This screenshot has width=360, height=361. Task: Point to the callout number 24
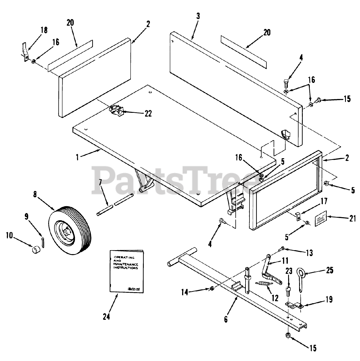(x=106, y=317)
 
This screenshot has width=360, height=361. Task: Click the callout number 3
(x=198, y=16)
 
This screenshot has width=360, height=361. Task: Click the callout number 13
(x=309, y=253)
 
